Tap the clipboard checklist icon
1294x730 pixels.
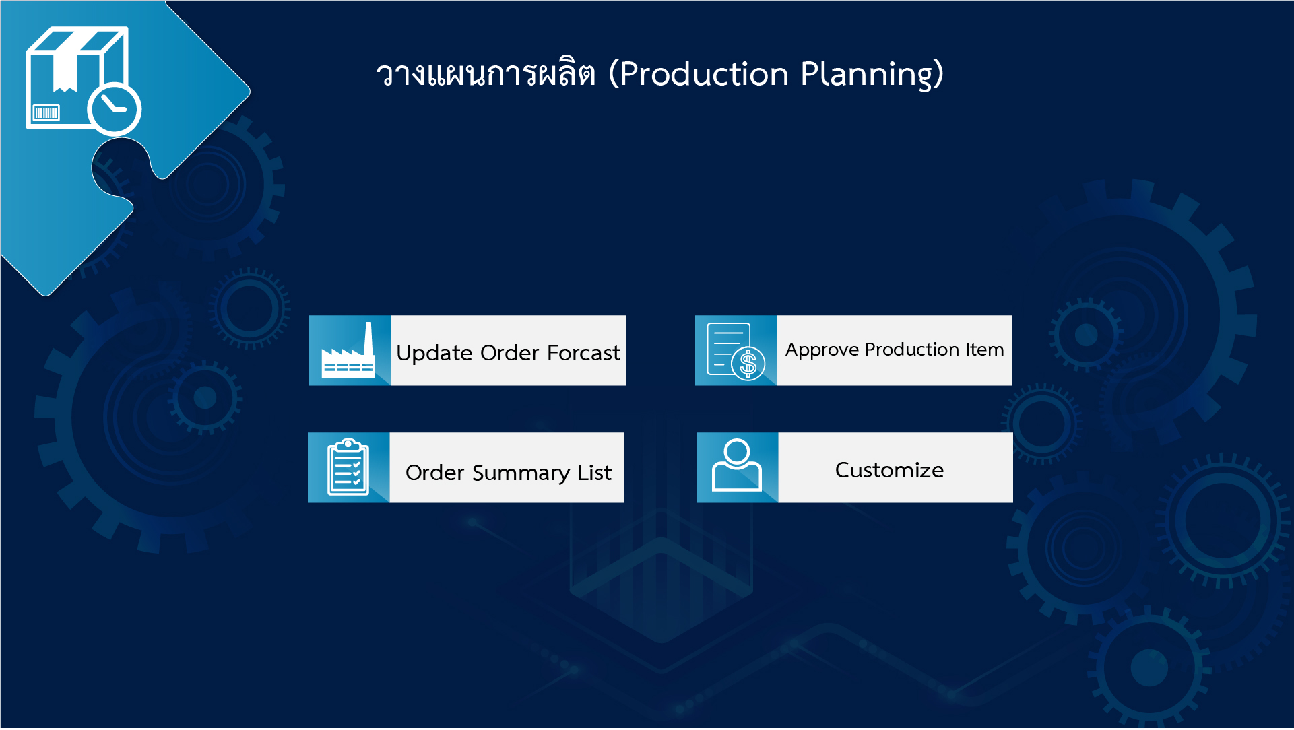pyautogui.click(x=348, y=467)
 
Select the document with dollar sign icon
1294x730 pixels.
pyautogui.click(x=736, y=351)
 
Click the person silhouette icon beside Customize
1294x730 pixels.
pyautogui.click(x=737, y=466)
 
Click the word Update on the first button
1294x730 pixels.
pyautogui.click(x=434, y=353)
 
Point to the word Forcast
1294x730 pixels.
pyautogui.click(x=583, y=353)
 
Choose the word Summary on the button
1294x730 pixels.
pyautogui.click(x=521, y=473)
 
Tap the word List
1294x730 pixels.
pyautogui.click(x=594, y=473)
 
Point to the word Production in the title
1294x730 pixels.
pyautogui.click(x=704, y=74)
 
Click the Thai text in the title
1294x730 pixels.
pyautogui.click(x=486, y=74)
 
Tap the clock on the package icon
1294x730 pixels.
pyautogui.click(x=114, y=108)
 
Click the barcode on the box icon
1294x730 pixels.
pyautogui.click(x=46, y=112)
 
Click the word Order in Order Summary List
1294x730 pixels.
pyautogui.click(x=435, y=473)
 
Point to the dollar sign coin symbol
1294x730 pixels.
pyautogui.click(x=748, y=364)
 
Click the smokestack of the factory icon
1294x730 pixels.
pyautogui.click(x=368, y=339)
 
